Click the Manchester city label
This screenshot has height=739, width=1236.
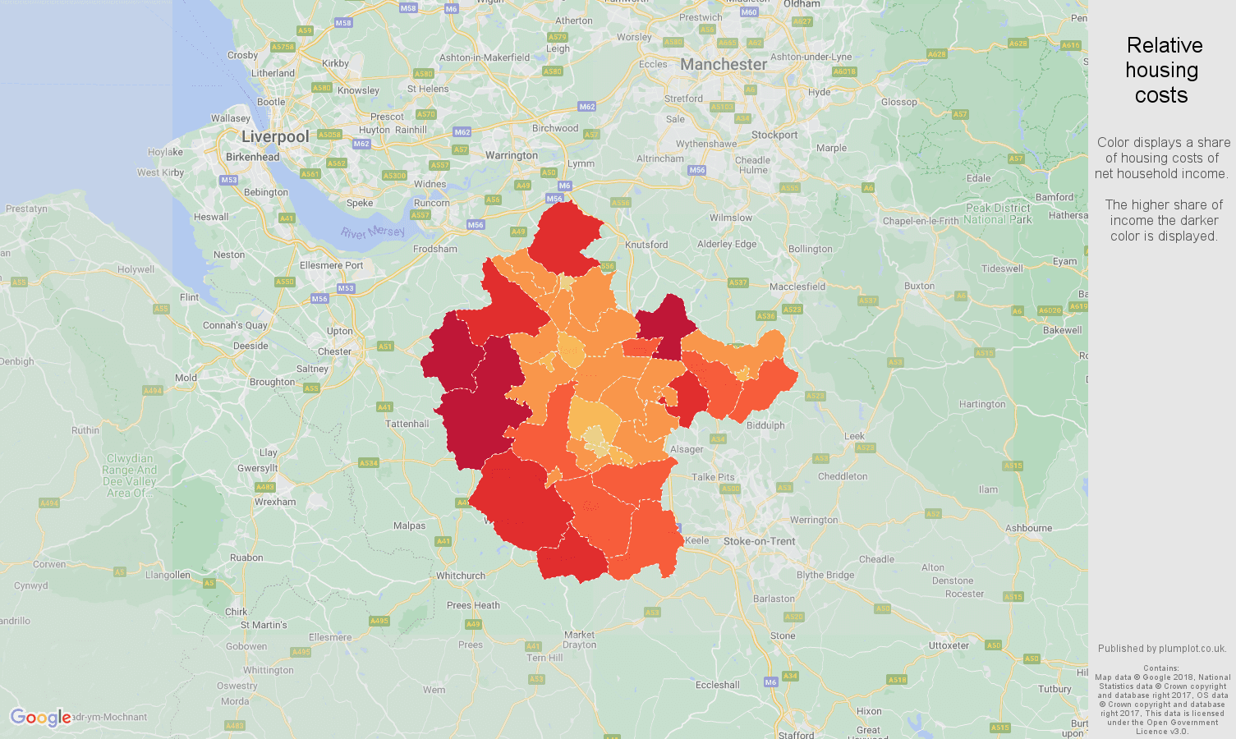pos(723,64)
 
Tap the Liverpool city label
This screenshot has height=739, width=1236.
pos(275,136)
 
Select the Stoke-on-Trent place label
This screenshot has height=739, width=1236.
pos(759,541)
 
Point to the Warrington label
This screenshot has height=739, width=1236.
pos(511,155)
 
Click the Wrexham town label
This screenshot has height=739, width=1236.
pos(275,502)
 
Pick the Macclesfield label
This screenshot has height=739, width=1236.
pos(797,287)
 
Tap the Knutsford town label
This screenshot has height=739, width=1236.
pos(646,245)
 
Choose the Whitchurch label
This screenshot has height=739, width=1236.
pos(460,576)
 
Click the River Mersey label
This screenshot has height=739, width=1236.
pos(374,232)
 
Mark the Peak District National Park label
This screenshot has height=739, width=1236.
pos(998,213)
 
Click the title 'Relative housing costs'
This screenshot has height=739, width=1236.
pos(1162,70)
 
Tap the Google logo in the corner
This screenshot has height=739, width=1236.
pos(40,718)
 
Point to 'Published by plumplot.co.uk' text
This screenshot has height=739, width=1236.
pos(1162,648)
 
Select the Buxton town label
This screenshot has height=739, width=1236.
pos(919,286)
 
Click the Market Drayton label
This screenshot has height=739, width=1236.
pos(580,640)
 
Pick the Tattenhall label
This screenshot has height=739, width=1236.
pos(407,424)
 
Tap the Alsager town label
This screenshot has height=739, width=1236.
pos(687,449)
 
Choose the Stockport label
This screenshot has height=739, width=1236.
pos(774,135)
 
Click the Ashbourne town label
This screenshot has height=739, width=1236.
pos(1028,528)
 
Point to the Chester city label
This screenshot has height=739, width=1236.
pos(334,351)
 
